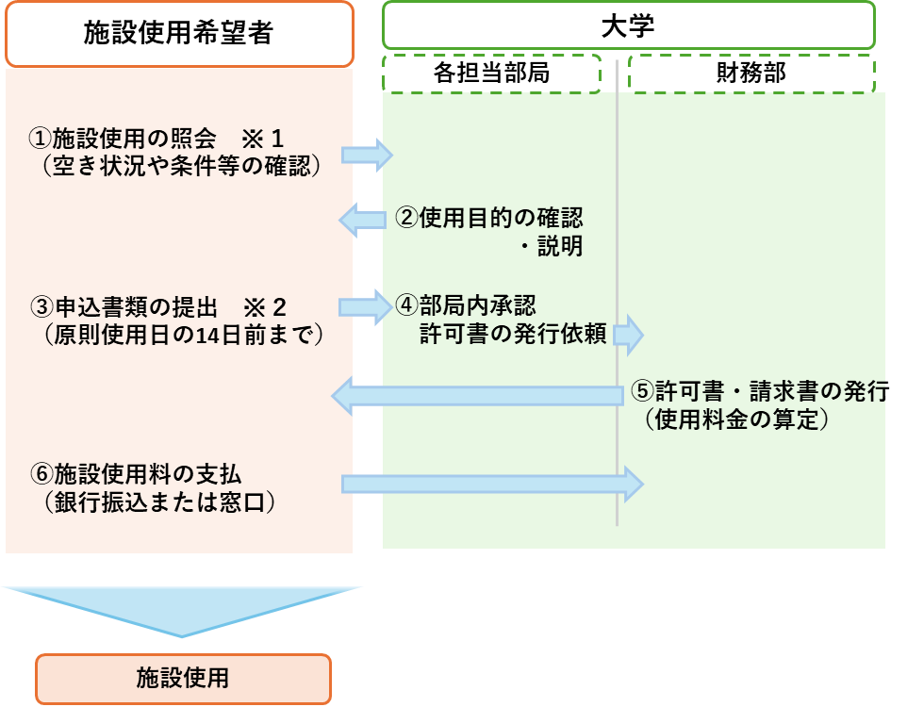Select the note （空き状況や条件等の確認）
tap(182, 166)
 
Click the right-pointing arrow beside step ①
tap(366, 155)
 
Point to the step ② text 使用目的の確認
tap(488, 219)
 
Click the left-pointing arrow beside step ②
tap(362, 221)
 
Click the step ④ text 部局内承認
tap(466, 305)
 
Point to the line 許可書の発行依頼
tap(513, 334)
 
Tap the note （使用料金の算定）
tap(737, 419)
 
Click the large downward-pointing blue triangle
tap(181, 609)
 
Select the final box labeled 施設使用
tap(183, 678)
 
